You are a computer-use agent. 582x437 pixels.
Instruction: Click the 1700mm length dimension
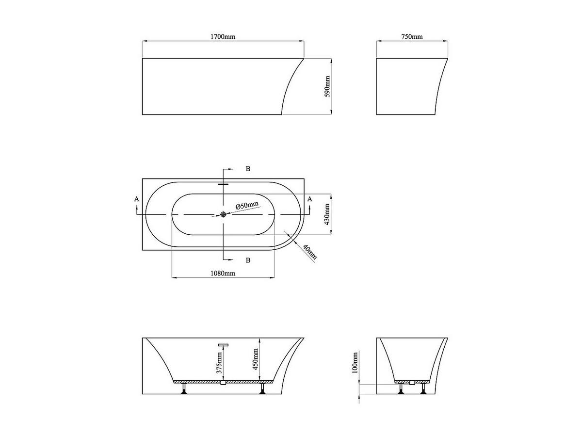(x=223, y=37)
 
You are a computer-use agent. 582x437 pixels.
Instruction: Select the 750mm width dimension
(x=412, y=37)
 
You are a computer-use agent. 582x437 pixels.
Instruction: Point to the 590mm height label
(x=327, y=87)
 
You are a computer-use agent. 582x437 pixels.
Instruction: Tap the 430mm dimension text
(x=327, y=215)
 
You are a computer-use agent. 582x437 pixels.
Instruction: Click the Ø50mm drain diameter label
(x=247, y=206)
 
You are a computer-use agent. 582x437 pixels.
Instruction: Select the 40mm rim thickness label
(x=309, y=252)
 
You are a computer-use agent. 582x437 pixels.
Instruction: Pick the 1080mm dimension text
(x=223, y=274)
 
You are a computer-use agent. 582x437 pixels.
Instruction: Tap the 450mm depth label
(x=256, y=359)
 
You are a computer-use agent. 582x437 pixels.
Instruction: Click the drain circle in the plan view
(x=223, y=214)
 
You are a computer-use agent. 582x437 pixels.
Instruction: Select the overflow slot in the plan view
(x=223, y=184)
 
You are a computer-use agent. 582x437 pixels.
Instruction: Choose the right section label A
(x=310, y=199)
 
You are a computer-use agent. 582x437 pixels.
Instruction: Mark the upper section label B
(x=248, y=169)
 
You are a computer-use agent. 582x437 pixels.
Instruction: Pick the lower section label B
(x=248, y=260)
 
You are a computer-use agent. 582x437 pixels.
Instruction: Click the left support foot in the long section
(x=184, y=389)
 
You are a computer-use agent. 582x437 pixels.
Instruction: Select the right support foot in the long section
(x=262, y=389)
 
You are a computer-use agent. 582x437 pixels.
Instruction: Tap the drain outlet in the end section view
(x=412, y=383)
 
